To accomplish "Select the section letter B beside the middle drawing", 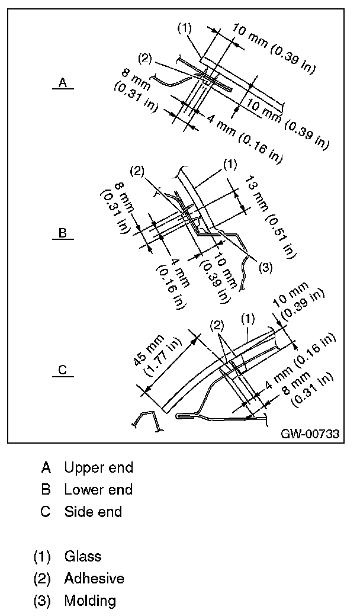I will point(62,233).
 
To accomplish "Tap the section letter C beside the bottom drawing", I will point(62,371).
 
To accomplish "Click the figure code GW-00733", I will point(310,434).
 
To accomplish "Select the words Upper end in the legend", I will point(98,467).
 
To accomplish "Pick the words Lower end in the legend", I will point(98,490).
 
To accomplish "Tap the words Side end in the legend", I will point(93,512).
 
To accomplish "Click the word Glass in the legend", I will point(83,556).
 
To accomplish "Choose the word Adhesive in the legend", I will point(94,578).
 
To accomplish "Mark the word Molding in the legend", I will point(90,601).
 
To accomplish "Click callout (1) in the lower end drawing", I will point(230,162).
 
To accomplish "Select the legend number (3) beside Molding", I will point(42,601).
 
